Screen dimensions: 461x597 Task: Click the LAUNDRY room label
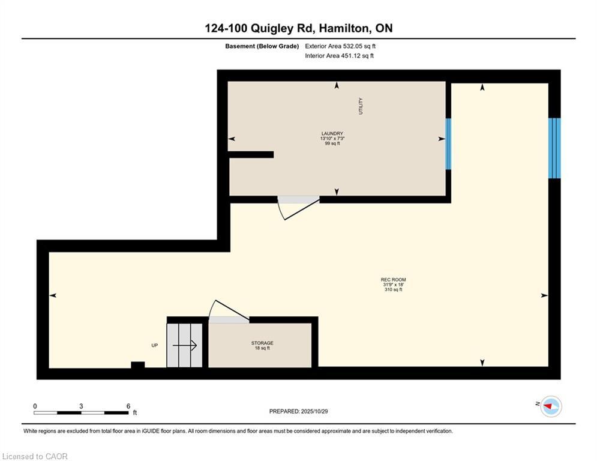tap(332, 134)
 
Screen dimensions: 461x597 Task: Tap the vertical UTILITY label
tap(361, 106)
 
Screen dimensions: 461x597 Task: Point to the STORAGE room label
tap(262, 343)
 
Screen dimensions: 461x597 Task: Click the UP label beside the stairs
tap(155, 345)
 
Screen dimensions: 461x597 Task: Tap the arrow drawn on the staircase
tap(185, 345)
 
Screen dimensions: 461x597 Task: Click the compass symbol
tap(551, 407)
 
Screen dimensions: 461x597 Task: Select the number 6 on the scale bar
tap(128, 406)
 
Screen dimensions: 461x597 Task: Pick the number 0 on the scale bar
tap(35, 406)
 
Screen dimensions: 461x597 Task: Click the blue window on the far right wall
tap(554, 148)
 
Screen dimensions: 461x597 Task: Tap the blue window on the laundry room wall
tap(448, 143)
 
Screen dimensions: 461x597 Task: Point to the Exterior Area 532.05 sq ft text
tap(340, 46)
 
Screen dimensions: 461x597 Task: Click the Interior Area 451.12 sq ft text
tap(339, 56)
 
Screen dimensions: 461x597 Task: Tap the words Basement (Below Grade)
tap(262, 46)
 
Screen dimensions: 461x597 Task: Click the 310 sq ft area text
tap(394, 289)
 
